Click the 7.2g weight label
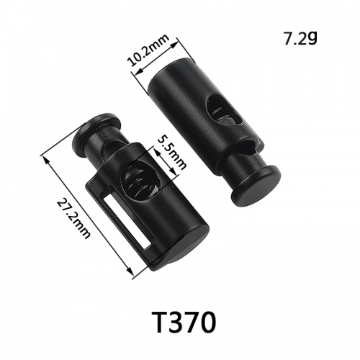pyautogui.click(x=300, y=39)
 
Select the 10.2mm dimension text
pyautogui.click(x=149, y=50)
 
